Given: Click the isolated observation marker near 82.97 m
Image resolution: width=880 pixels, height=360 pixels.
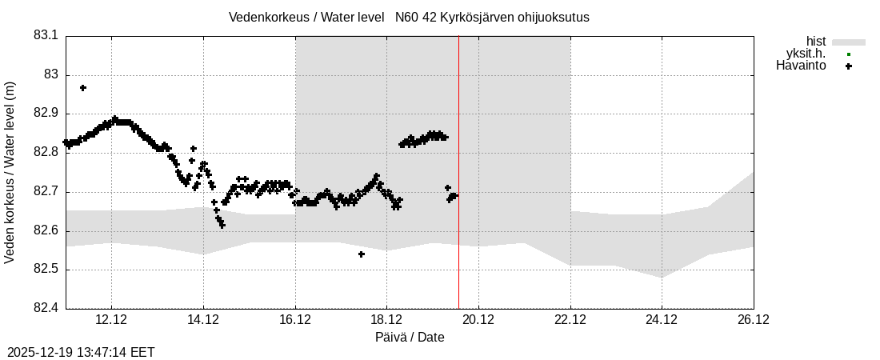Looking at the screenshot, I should (83, 88).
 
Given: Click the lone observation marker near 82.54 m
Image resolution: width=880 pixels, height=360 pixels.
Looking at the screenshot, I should (362, 254).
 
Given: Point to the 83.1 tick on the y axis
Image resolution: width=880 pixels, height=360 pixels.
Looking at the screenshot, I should (46, 36).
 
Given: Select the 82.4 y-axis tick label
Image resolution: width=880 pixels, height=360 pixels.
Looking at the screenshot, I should (46, 309).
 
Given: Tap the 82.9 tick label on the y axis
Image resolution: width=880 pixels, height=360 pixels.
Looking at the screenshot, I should (46, 114).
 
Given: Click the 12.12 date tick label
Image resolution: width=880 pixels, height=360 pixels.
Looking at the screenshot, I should (111, 320).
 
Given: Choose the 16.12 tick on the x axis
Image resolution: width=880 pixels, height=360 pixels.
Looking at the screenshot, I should (295, 320).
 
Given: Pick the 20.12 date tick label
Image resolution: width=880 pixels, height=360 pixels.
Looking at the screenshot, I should (478, 320).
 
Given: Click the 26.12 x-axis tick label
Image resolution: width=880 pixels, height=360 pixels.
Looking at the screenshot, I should (754, 320).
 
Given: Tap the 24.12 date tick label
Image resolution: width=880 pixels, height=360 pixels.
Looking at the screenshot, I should (662, 320).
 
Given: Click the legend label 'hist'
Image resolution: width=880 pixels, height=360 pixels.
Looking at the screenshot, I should (816, 42).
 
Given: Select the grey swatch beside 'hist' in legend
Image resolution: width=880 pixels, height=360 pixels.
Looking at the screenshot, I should (849, 42).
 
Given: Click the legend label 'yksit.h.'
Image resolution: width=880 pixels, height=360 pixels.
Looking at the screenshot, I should (806, 54).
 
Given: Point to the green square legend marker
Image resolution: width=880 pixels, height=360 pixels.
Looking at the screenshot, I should (849, 54).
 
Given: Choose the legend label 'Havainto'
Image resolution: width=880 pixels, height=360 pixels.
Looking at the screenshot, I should (801, 66).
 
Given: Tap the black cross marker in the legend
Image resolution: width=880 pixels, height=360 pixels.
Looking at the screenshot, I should (849, 66).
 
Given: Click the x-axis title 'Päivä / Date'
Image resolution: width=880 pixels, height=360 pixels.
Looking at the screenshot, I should (410, 338).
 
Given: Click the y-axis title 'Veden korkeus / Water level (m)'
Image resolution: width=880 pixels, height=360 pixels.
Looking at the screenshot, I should (10, 172).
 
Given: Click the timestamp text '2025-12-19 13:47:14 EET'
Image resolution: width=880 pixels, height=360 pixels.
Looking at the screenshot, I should (81, 352).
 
